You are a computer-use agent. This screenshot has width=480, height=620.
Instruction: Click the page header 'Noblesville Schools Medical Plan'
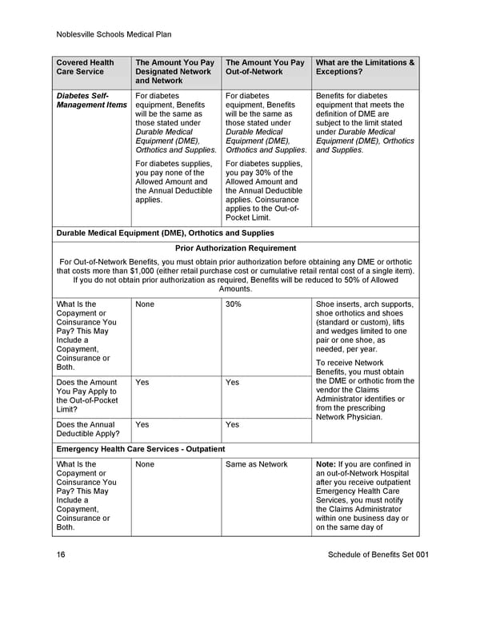[114, 34]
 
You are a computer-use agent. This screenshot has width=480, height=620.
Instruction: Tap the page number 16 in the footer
[61, 554]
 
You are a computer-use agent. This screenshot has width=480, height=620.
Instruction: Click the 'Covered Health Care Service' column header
[85, 67]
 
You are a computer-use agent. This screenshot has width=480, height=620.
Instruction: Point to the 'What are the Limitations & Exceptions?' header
[365, 67]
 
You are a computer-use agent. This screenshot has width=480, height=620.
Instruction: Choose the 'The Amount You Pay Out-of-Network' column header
[265, 67]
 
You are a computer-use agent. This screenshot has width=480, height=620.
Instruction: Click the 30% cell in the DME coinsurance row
[234, 304]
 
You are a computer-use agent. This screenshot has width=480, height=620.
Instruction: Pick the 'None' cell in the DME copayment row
[145, 304]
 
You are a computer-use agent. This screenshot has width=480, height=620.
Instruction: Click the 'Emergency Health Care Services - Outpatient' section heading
[141, 449]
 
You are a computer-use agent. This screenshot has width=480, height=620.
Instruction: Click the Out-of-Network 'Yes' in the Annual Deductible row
[232, 425]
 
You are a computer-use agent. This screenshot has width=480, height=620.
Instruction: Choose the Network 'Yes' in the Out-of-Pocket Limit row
[142, 383]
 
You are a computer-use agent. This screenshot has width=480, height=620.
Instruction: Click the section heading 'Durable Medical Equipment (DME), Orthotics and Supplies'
[166, 233]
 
